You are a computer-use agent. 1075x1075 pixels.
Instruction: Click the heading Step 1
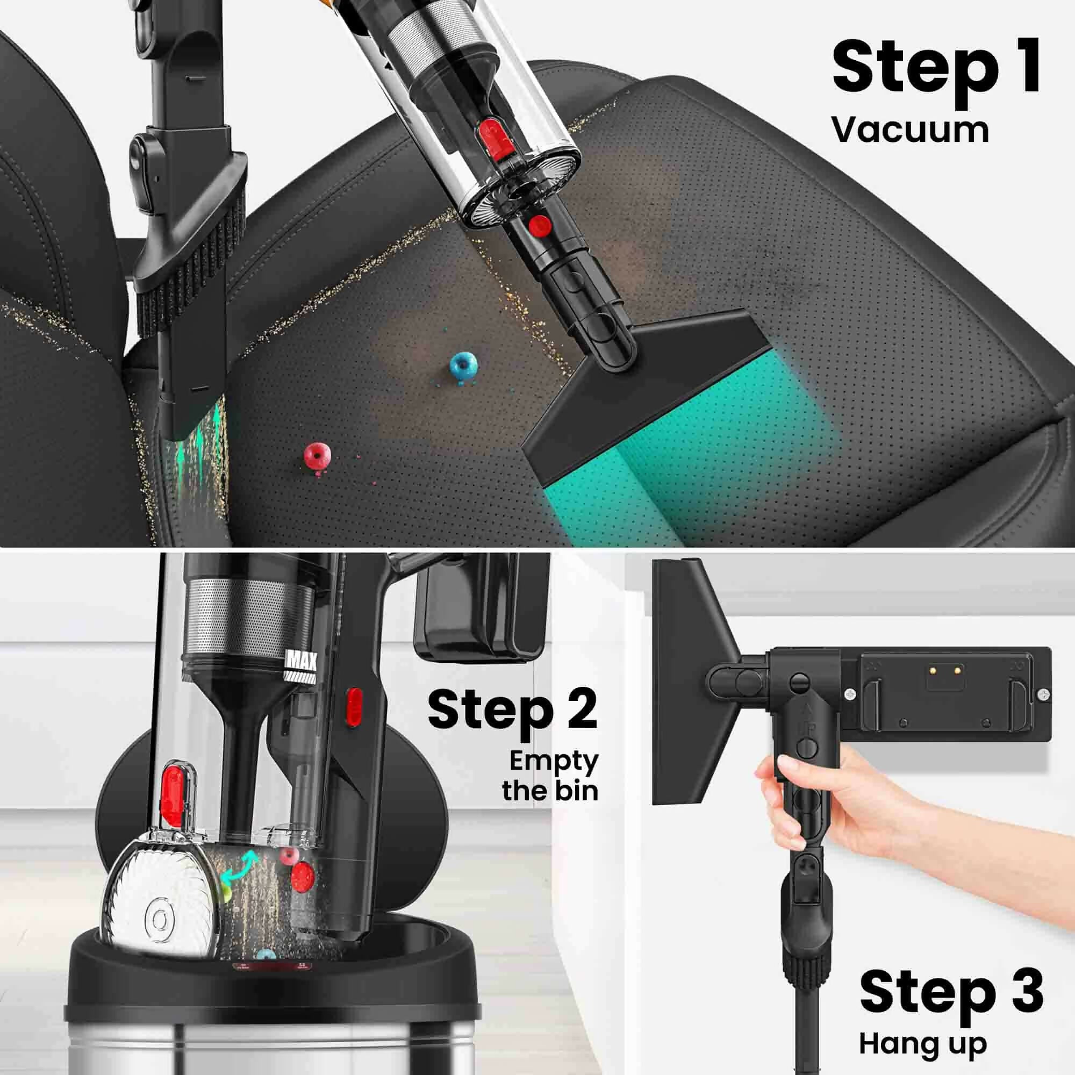click(x=936, y=75)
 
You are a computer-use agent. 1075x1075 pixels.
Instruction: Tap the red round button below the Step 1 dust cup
click(x=540, y=225)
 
